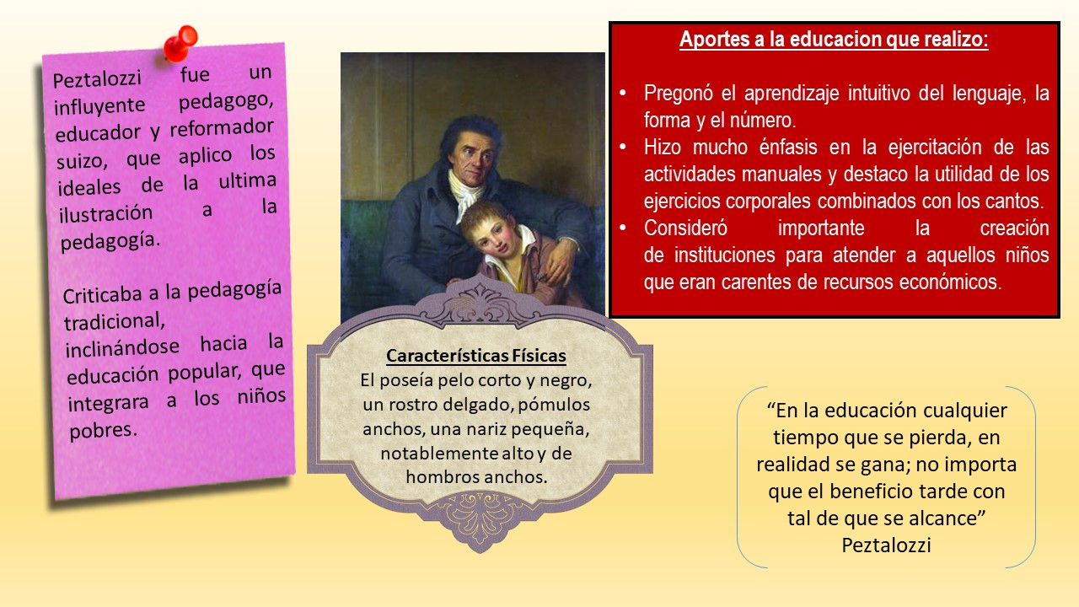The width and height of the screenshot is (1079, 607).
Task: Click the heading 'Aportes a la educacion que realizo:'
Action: pyautogui.click(x=834, y=39)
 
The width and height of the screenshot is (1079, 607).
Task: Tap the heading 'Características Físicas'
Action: pyautogui.click(x=476, y=356)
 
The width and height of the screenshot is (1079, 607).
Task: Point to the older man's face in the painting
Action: pyautogui.click(x=472, y=157)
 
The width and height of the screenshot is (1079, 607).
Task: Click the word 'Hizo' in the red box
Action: pyautogui.click(x=663, y=147)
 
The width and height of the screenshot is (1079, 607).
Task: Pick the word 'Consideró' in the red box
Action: pyautogui.click(x=685, y=228)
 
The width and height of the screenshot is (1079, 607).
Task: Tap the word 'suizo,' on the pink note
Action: pyautogui.click(x=82, y=161)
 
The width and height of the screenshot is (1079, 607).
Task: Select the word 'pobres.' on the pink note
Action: pyautogui.click(x=103, y=430)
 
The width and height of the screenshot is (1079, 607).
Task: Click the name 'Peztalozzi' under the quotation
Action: pyautogui.click(x=886, y=545)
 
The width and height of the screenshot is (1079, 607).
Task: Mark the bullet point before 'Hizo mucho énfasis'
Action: pyautogui.click(x=623, y=147)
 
